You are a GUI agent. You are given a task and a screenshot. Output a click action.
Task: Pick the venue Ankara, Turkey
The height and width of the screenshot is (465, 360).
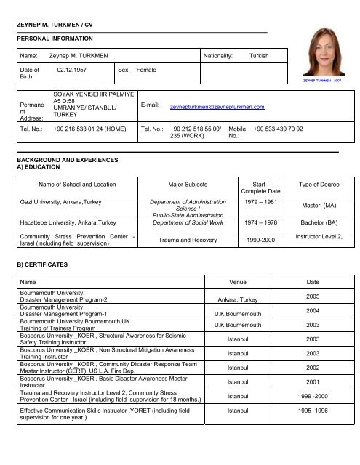coord(231,299)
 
